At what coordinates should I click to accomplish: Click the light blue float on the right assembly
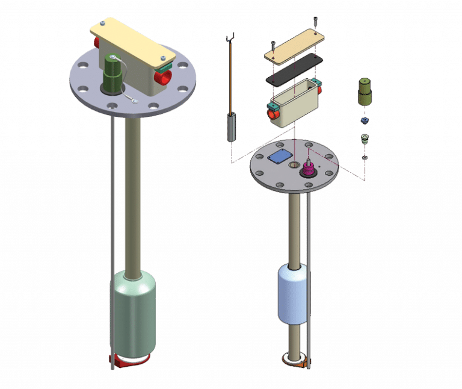click(x=294, y=295)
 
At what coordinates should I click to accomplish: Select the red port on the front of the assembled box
click(x=163, y=78)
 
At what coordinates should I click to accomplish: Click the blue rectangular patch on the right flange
click(x=280, y=156)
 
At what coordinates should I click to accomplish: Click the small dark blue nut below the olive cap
click(x=365, y=121)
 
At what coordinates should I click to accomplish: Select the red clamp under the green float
click(x=128, y=361)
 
